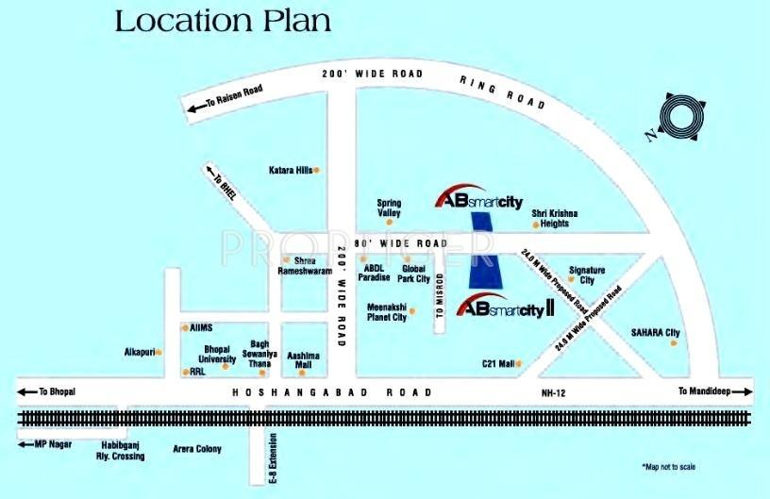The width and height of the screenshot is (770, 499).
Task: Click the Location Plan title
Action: (x=223, y=22)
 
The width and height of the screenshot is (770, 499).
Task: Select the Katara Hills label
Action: (x=290, y=171)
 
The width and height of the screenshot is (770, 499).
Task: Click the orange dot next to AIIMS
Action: (x=185, y=328)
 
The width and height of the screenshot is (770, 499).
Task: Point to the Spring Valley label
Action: (x=389, y=208)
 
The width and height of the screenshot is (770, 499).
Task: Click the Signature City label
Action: (x=587, y=275)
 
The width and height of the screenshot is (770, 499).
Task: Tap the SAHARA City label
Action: (x=655, y=333)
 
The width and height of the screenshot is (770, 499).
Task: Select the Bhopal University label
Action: (x=219, y=355)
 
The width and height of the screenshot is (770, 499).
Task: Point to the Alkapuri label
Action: (x=140, y=352)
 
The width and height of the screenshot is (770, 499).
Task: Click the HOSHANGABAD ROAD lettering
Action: (x=332, y=392)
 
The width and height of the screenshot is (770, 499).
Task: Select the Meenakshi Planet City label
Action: (x=388, y=313)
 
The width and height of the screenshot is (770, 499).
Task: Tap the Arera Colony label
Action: (x=196, y=449)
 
